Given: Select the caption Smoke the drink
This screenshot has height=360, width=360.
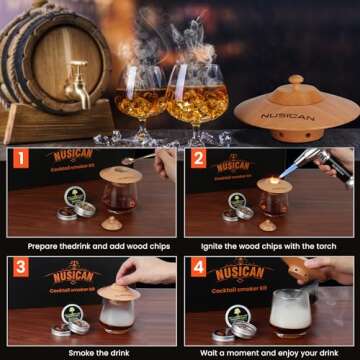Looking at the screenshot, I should click(x=89, y=352).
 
